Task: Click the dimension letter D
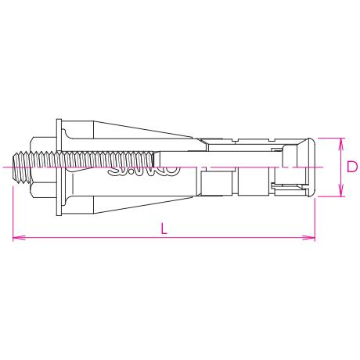point(352,167)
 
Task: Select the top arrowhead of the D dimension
point(340,142)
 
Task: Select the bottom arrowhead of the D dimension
point(340,193)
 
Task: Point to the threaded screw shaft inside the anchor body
point(86,165)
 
